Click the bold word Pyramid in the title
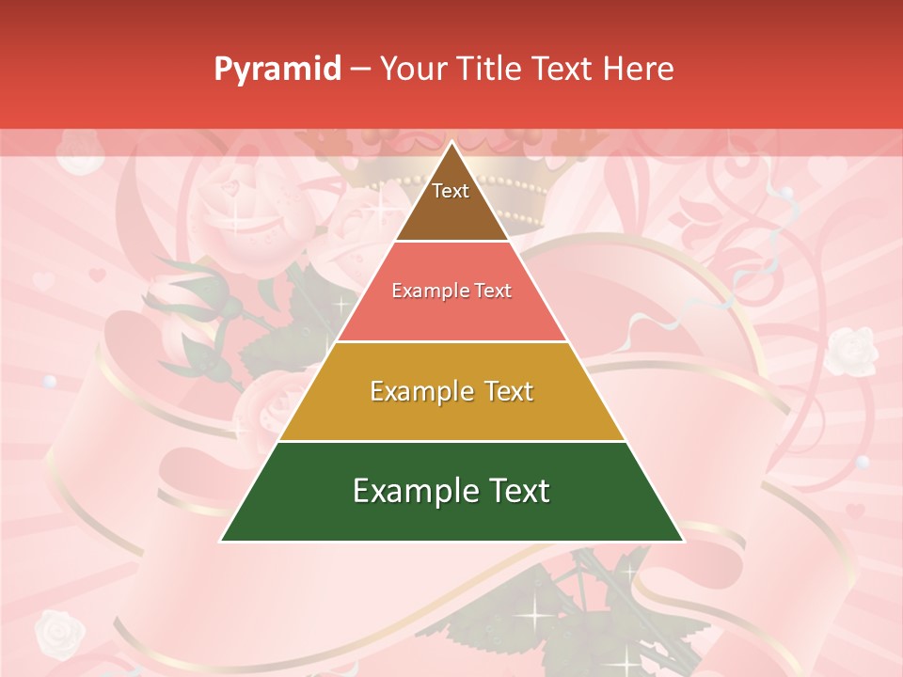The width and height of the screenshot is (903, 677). coord(277,70)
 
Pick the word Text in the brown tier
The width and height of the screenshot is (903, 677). coord(451,191)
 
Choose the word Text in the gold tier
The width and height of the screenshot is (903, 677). coord(506,391)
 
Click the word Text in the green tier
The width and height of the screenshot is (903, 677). coord(520,491)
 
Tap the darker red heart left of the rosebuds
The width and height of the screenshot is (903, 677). coord(96,276)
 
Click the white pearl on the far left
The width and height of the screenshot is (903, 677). coord(50,382)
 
